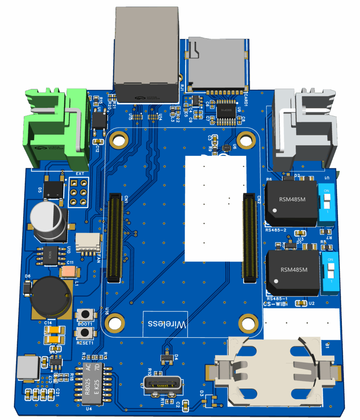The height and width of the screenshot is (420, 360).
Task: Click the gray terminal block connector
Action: [304, 129]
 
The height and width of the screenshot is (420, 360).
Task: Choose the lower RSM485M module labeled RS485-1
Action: [293, 272]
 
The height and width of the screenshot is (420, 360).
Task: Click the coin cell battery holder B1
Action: [273, 371]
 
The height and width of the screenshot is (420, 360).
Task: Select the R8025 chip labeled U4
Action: [94, 383]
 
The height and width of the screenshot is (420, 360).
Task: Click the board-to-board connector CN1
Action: [115, 238]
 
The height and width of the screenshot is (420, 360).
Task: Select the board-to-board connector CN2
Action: [250, 238]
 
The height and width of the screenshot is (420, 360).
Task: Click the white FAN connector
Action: [88, 243]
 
